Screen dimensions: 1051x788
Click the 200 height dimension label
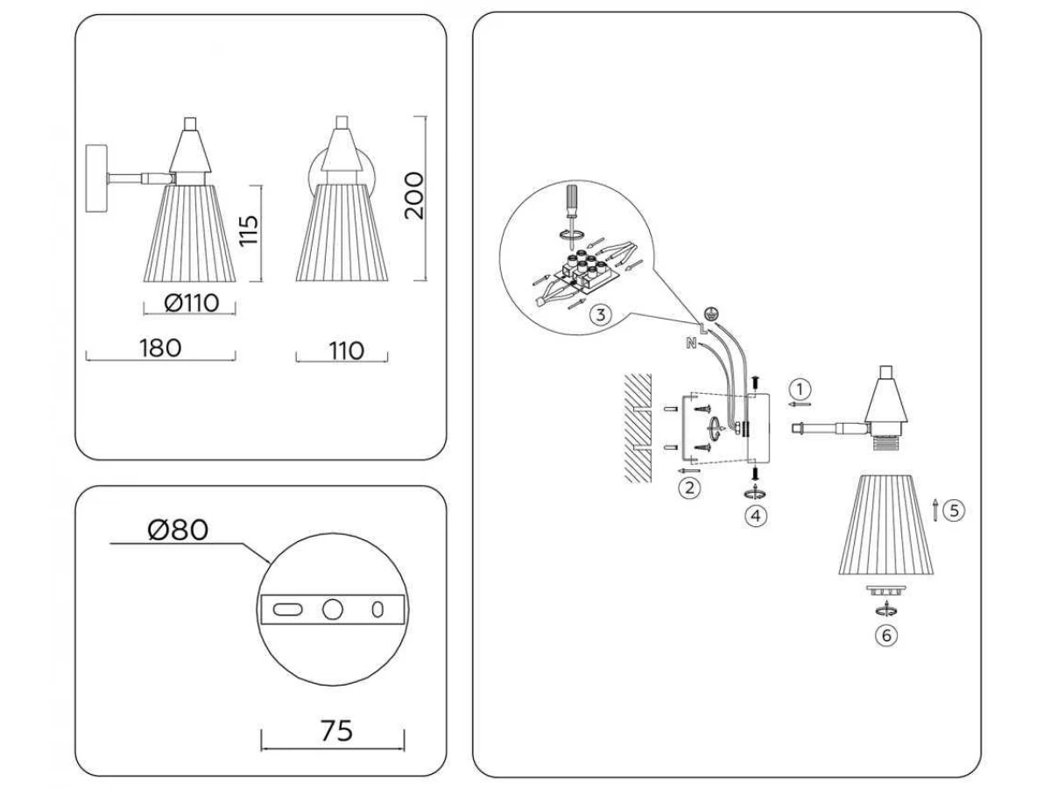pos(414,195)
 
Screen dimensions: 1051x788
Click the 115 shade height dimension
pos(249,230)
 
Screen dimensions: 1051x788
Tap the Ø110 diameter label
pos(192,303)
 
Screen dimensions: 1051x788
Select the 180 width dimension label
pos(160,348)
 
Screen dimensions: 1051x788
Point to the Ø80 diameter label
pos(178,530)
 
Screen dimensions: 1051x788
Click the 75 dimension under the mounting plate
pos(337,730)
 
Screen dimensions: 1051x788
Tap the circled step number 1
pos(801,389)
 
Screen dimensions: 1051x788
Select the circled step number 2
pos(689,488)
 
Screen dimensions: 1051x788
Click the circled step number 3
pos(601,315)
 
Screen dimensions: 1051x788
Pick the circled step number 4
pos(756,516)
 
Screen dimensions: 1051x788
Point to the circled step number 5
pos(954,510)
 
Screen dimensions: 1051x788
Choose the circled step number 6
pos(886,636)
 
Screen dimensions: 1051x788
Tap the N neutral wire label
pos(691,343)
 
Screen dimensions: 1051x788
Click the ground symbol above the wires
pos(710,313)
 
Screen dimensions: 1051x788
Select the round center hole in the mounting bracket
pos(332,609)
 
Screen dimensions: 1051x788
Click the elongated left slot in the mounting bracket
pos(287,609)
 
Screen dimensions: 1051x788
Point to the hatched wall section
pos(638,428)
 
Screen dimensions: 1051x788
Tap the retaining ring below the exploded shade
pos(886,590)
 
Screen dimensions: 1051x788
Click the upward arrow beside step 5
pos(935,510)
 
